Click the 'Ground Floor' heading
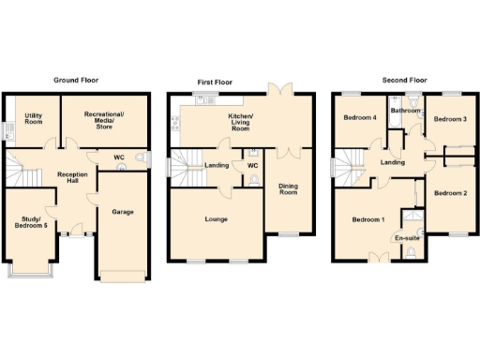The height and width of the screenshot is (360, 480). pyautogui.click(x=76, y=81)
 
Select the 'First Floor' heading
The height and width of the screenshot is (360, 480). pyautogui.click(x=215, y=82)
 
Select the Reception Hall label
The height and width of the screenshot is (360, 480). pyautogui.click(x=72, y=179)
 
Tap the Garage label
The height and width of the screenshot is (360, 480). pyautogui.click(x=123, y=212)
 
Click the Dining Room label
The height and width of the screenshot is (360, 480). pyautogui.click(x=289, y=187)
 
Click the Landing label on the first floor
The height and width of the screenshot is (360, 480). pyautogui.click(x=217, y=167)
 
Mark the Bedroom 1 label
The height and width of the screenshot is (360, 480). pyautogui.click(x=367, y=219)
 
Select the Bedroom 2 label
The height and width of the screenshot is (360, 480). pyautogui.click(x=451, y=193)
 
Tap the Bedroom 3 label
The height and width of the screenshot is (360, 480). pyautogui.click(x=450, y=120)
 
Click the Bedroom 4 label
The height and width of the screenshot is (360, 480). pyautogui.click(x=360, y=118)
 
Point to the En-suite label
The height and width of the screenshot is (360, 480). pyautogui.click(x=407, y=239)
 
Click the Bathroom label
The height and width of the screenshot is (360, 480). pyautogui.click(x=405, y=112)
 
